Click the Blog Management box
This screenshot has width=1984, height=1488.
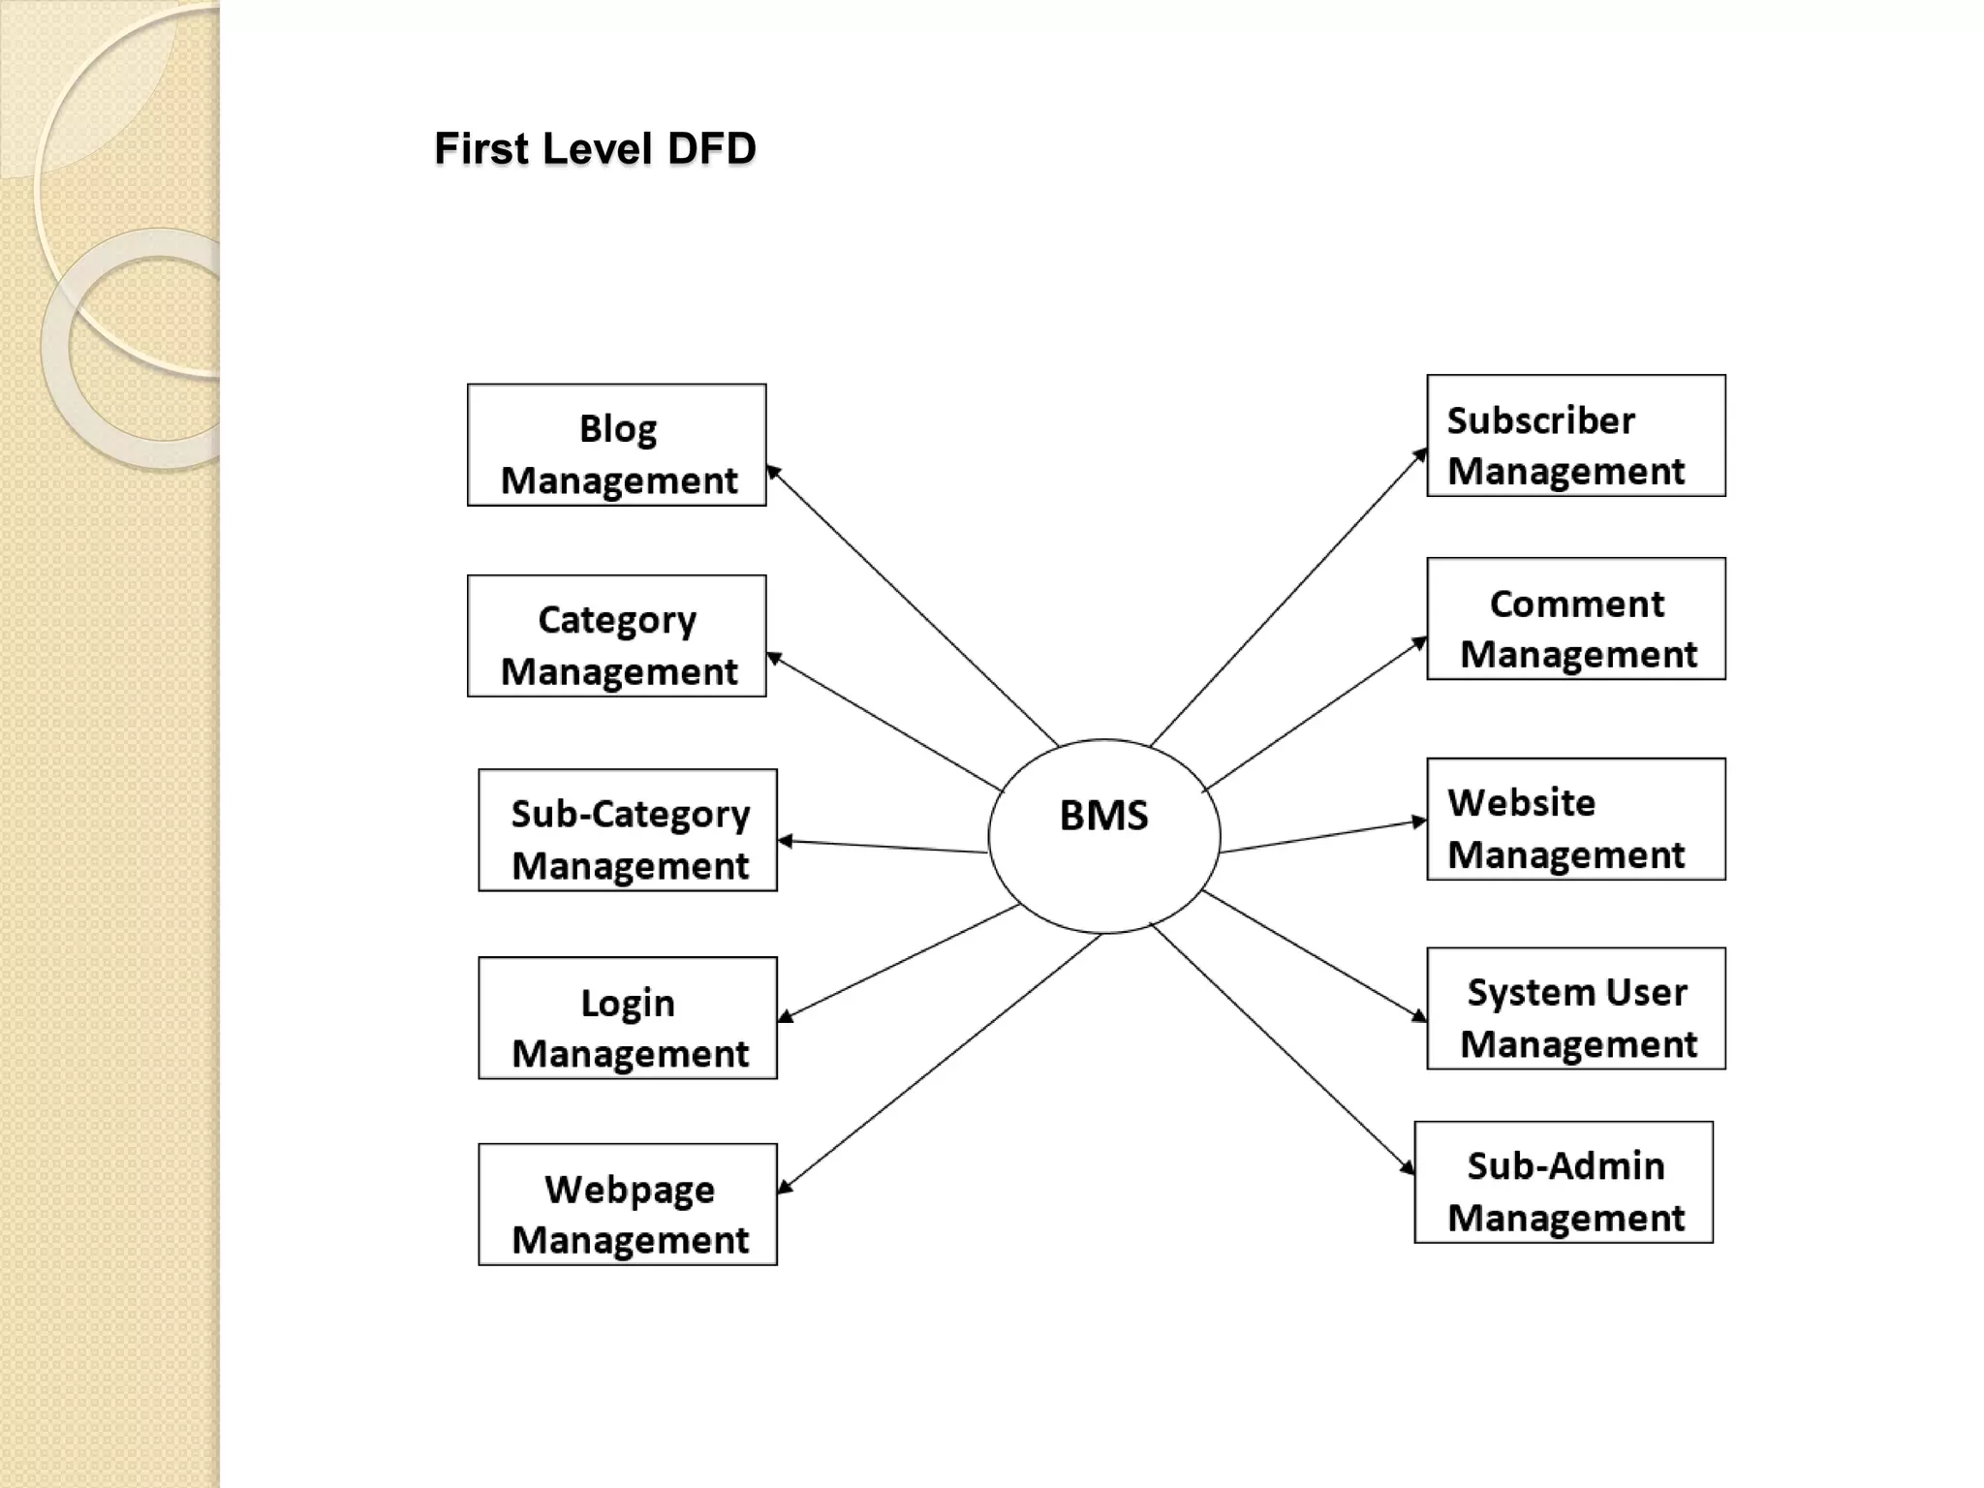pyautogui.click(x=616, y=445)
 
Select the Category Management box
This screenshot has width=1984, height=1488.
pyautogui.click(x=616, y=635)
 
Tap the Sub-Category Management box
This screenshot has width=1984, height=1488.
pyautogui.click(x=628, y=830)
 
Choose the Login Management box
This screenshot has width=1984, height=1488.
pyautogui.click(x=628, y=1018)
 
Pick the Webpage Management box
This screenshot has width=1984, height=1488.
pyautogui.click(x=628, y=1204)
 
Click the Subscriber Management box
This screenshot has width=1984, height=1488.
pyautogui.click(x=1576, y=436)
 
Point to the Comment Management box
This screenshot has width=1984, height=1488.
pyautogui.click(x=1576, y=619)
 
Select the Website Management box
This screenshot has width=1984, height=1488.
pyautogui.click(x=1576, y=820)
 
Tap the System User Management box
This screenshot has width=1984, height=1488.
pyautogui.click(x=1576, y=1008)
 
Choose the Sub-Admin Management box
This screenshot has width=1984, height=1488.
pyautogui.click(x=1564, y=1182)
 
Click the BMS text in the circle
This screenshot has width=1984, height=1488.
pyautogui.click(x=1103, y=816)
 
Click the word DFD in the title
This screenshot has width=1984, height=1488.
pyautogui.click(x=711, y=149)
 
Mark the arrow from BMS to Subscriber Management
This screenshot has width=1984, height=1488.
pyautogui.click(x=1288, y=597)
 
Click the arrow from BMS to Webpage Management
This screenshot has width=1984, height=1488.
pyautogui.click(x=940, y=1063)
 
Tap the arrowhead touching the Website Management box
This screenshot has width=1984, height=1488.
pyautogui.click(x=1418, y=822)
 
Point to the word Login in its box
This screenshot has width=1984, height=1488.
pyautogui.click(x=628, y=1003)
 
